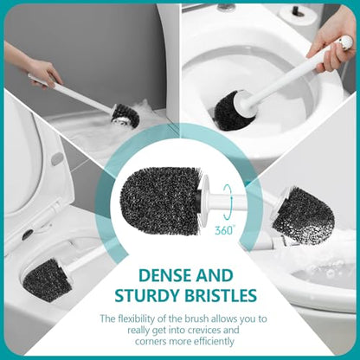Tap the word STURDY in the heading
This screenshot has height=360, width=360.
[146, 295]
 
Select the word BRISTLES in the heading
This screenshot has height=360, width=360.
[220, 295]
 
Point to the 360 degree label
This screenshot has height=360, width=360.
[225, 230]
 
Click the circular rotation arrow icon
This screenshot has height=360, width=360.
[228, 202]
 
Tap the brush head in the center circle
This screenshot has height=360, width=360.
[159, 199]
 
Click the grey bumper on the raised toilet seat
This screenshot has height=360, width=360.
[57, 158]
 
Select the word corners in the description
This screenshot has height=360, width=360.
[150, 342]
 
